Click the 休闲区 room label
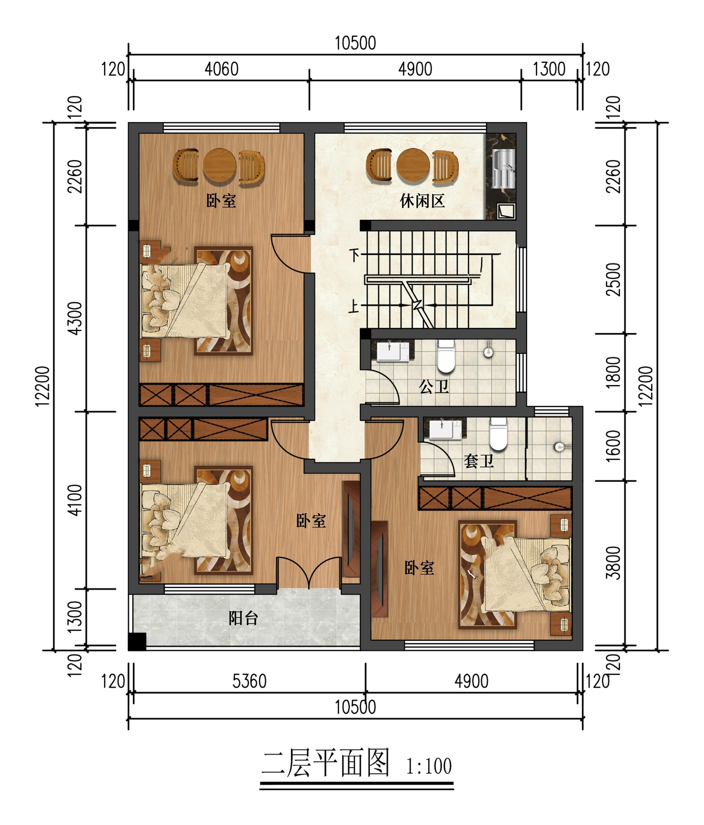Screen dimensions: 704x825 click(x=422, y=201)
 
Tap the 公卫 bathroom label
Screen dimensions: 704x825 click(x=434, y=387)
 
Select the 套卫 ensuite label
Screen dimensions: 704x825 click(x=479, y=461)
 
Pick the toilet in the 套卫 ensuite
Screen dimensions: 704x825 click(x=498, y=434)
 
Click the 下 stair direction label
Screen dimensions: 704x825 click(x=354, y=255)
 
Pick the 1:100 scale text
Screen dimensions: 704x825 click(x=429, y=766)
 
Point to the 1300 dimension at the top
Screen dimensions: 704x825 click(x=549, y=69)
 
